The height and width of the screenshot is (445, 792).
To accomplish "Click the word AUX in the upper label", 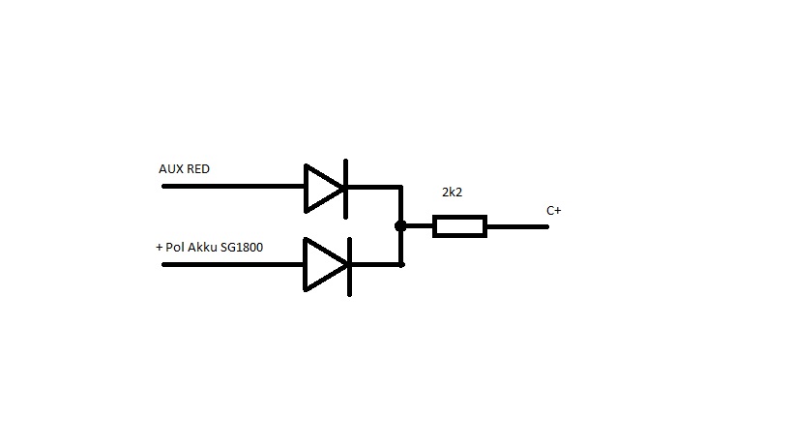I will [170, 169].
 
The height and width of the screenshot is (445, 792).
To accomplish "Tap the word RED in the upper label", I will [197, 169].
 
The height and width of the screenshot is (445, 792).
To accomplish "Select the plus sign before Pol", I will [159, 248].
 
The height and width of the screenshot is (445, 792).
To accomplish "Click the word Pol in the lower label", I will [175, 248].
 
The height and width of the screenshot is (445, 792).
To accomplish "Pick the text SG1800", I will [243, 248].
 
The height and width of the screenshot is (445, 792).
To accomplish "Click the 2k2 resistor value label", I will [452, 193].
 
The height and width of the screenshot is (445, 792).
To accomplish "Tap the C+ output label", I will [553, 211].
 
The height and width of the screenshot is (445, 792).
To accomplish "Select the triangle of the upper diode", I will [322, 187].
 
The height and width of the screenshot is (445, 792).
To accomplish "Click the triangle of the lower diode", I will [322, 264].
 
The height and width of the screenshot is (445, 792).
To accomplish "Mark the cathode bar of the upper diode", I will [345, 187].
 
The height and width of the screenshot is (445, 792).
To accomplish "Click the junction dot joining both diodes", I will [399, 226].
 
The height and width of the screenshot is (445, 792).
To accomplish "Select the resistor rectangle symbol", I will [459, 226].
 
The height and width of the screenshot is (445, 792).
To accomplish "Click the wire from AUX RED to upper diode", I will [232, 187].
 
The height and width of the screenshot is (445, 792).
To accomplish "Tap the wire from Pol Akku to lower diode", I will [232, 264].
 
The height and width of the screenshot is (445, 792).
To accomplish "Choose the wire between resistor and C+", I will [516, 226].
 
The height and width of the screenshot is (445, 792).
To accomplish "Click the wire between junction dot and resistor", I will [418, 226].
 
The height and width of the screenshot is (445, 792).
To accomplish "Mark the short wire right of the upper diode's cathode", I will [373, 187].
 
